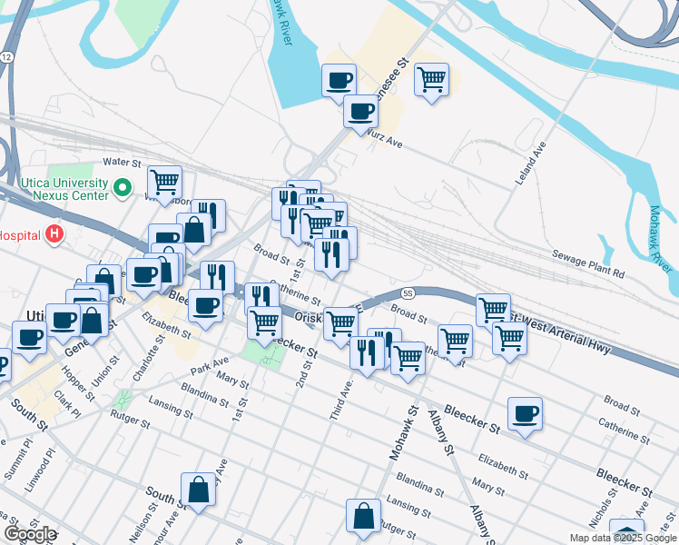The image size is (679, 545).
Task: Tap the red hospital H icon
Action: pyautogui.click(x=54, y=235)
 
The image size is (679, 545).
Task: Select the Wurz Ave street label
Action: pyautogui.click(x=384, y=136)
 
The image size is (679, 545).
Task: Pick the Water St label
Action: pyautogui.click(x=123, y=163)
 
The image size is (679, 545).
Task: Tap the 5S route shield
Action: pyautogui.click(x=408, y=293)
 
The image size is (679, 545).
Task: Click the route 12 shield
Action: pyautogui.click(x=6, y=56)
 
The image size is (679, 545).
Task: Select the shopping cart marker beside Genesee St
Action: pyautogui.click(x=432, y=78)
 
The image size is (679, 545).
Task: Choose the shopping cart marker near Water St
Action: pyautogui.click(x=164, y=181)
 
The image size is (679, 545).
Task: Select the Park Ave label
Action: pyautogui.click(x=210, y=372)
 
